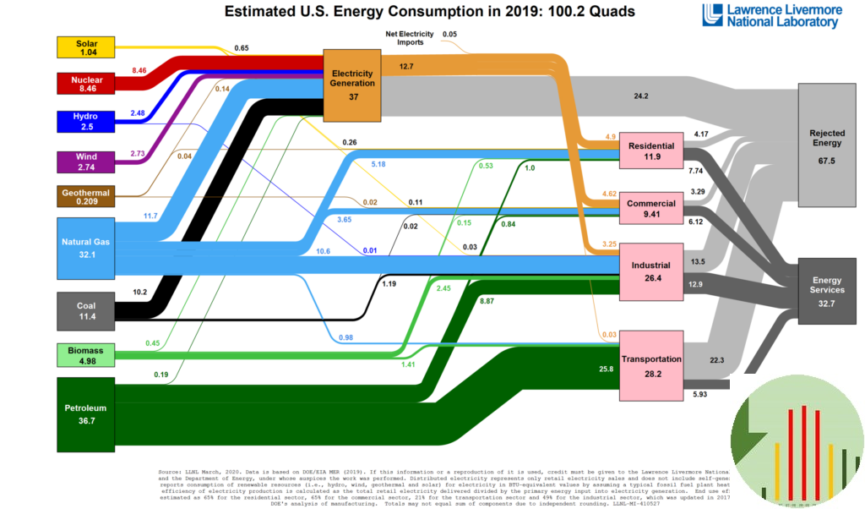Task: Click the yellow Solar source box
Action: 85,47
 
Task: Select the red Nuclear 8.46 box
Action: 85,84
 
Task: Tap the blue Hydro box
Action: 85,121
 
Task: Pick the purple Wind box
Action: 85,161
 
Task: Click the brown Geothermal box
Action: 85,196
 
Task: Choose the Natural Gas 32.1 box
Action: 85,248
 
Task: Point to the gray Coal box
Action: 85,311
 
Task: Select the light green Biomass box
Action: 85,354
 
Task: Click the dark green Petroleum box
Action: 85,414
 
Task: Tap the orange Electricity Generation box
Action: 352,85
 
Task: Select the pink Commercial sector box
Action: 651,209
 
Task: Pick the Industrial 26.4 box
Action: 651,271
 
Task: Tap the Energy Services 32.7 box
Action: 827,290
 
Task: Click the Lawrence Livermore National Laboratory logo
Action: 771,16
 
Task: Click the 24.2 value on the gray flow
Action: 640,96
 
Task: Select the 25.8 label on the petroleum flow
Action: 605,369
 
